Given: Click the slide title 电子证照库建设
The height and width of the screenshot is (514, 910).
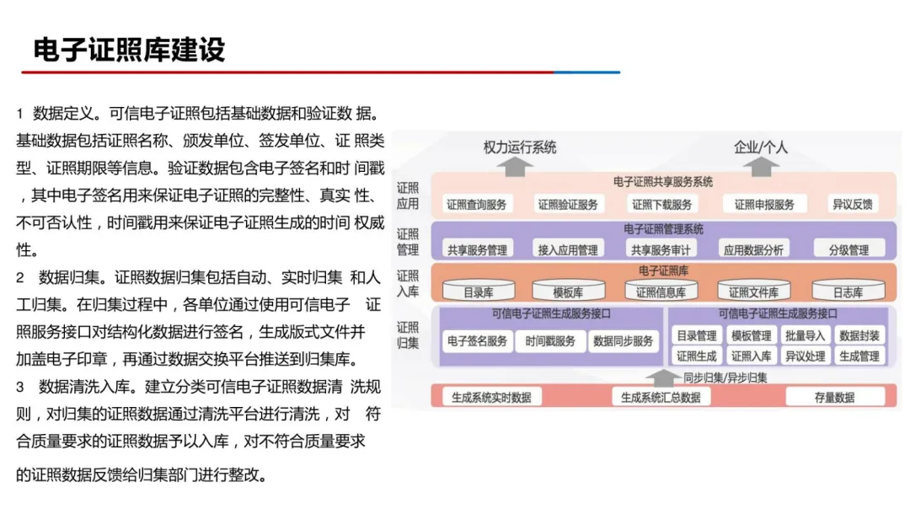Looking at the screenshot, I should click(x=129, y=50).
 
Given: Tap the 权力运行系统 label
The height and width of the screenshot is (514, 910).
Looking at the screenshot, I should click(x=519, y=147).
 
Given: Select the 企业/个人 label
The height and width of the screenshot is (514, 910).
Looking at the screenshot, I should click(x=761, y=147).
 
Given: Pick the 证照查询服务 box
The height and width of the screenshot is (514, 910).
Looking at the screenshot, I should click(x=477, y=204).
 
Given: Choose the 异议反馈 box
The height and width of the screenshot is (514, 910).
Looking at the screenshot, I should click(x=852, y=204).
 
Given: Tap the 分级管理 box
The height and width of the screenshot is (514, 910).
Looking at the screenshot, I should click(x=848, y=249).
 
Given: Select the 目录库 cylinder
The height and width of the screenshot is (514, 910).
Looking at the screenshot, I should click(x=478, y=292).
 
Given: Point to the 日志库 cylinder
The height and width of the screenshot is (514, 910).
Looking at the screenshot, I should click(x=848, y=292).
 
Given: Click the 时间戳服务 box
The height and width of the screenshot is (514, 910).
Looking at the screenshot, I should click(x=550, y=341).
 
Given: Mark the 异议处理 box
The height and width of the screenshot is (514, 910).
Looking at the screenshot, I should click(x=805, y=356).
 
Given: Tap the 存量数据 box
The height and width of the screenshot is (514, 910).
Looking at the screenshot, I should click(x=834, y=397).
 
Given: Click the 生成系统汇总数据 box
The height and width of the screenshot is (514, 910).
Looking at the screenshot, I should click(x=661, y=397).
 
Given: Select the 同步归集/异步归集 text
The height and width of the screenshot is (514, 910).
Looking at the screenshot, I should click(x=725, y=377).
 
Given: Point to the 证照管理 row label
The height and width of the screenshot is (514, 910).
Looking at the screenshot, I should click(x=408, y=242).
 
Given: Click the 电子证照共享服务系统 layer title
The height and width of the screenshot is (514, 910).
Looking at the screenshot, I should click(x=663, y=181).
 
